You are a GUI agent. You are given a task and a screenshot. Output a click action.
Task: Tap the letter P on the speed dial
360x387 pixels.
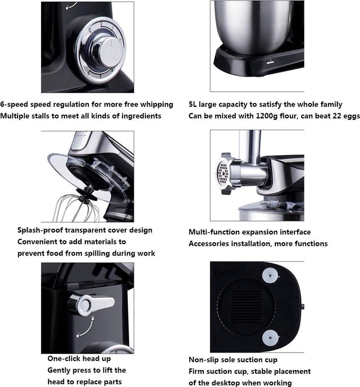(x=90, y=30)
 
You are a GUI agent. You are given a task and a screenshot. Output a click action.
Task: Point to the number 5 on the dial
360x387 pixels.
(x=100, y=77)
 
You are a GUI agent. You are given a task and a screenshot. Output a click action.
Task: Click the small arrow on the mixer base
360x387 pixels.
(x=270, y=63)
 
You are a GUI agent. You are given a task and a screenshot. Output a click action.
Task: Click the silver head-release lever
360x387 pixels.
(x=91, y=304)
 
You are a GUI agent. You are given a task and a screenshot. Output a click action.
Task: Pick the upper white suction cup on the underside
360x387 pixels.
(x=270, y=275)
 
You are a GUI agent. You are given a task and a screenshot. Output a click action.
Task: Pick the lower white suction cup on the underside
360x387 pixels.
(x=270, y=338)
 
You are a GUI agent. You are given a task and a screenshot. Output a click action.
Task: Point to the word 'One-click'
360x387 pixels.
(x=62, y=359)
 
